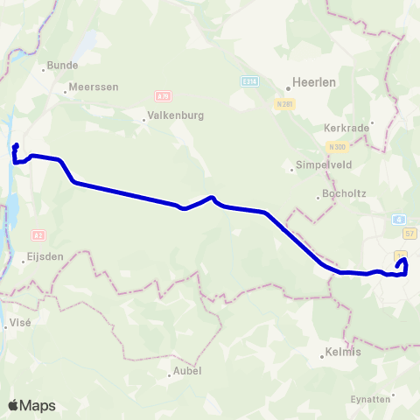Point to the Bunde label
tap(63, 65)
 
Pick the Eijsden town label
tap(49, 260)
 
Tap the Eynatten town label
tap(369, 399)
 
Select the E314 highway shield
tap(248, 80)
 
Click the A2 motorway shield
tap(38, 234)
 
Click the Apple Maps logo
tap(31, 405)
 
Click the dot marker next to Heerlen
tap(288, 87)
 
